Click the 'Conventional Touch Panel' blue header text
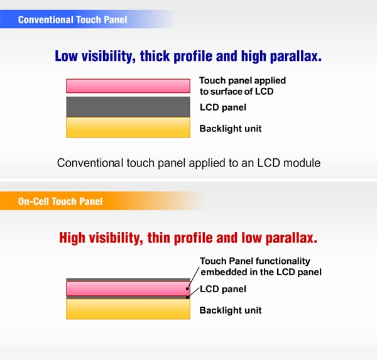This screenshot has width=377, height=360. pyautogui.click(x=72, y=19)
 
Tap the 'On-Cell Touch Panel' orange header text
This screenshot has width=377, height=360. pyautogui.click(x=60, y=201)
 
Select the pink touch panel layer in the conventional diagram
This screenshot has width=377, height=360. pyautogui.click(x=128, y=86)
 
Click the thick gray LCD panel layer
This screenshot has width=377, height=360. pyautogui.click(x=128, y=107)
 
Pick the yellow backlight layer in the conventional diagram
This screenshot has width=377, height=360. pyautogui.click(x=128, y=127)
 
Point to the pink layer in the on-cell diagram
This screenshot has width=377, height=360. pyautogui.click(x=128, y=288)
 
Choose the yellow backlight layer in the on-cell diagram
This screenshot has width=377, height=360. pyautogui.click(x=128, y=309)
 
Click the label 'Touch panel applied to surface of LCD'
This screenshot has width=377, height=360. pyautogui.click(x=243, y=86)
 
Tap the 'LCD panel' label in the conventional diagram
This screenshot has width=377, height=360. pyautogui.click(x=223, y=107)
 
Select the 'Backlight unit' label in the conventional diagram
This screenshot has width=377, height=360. pyautogui.click(x=231, y=129)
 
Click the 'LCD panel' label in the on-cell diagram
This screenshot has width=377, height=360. pyautogui.click(x=223, y=289)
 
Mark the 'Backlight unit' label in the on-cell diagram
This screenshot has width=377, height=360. pyautogui.click(x=231, y=310)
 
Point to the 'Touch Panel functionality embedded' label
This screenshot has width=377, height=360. pyautogui.click(x=261, y=266)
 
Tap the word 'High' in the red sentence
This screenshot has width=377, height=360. pyautogui.click(x=72, y=238)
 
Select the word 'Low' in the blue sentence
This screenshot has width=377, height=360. pyautogui.click(x=67, y=56)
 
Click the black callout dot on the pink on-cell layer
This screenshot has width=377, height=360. pyautogui.click(x=187, y=288)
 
